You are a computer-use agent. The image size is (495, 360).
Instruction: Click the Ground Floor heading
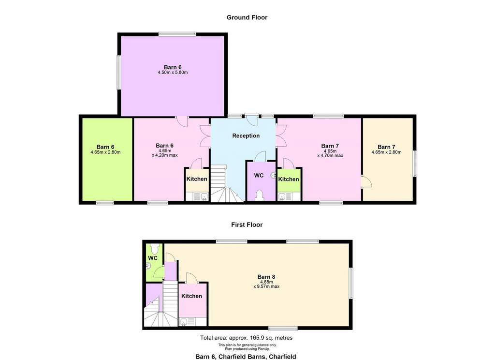pyautogui.click(x=247, y=17)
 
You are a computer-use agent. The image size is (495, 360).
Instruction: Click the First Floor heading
pyautogui.click(x=247, y=225)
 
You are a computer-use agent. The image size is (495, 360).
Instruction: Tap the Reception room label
pyautogui.click(x=246, y=136)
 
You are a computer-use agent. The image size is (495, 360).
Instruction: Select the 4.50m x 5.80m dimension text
pyautogui.click(x=173, y=73)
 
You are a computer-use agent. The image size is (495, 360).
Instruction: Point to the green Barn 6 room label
pyautogui.click(x=105, y=147)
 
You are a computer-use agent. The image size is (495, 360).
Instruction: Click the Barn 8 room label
pyautogui.click(x=266, y=277)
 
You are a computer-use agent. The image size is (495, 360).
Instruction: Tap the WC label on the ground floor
pyautogui.click(x=259, y=176)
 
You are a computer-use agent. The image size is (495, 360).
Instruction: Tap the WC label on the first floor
pyautogui.click(x=153, y=258)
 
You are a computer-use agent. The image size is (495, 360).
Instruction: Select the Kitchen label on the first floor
pyautogui.click(x=191, y=296)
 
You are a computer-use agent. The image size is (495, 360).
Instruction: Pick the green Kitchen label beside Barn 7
pyautogui.click(x=289, y=179)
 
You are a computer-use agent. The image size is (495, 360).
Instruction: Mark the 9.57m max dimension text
pyautogui.click(x=266, y=286)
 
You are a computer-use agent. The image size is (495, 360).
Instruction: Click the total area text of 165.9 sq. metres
pyautogui.click(x=246, y=338)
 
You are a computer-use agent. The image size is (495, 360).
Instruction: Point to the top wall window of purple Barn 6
pyautogui.click(x=177, y=34)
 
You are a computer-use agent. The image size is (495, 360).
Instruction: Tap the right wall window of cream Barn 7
pyautogui.click(x=415, y=163)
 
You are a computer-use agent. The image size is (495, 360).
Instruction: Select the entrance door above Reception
pyautogui.click(x=252, y=120)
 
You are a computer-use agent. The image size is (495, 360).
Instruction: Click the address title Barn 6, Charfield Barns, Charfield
pyautogui.click(x=246, y=357)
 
